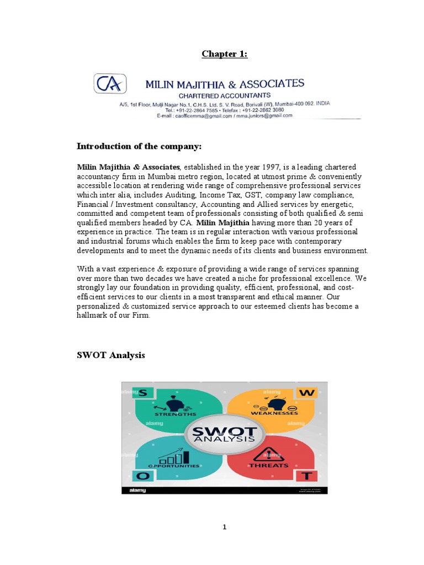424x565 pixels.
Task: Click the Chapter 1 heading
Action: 224,54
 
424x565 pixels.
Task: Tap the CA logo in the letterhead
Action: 110,84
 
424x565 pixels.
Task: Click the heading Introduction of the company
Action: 139,146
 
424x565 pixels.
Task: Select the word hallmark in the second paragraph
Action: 95,315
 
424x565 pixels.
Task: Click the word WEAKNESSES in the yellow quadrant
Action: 274,413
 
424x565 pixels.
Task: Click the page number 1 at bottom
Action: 225,527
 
